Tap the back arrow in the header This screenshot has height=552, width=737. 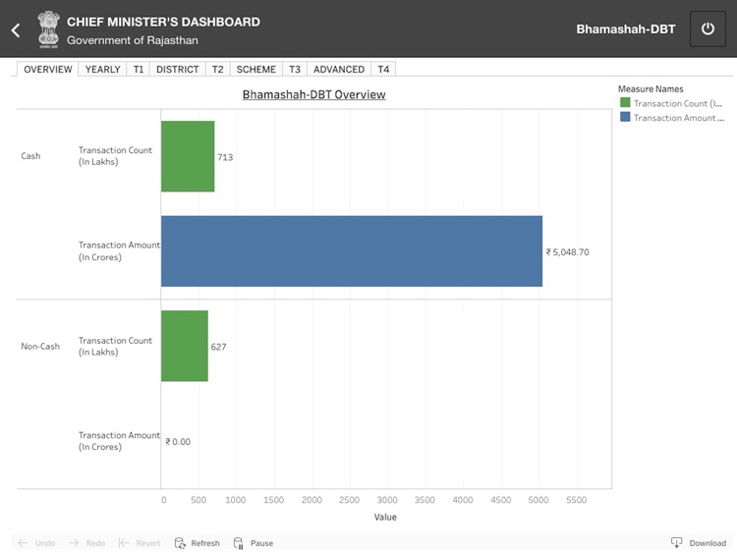coord(16,29)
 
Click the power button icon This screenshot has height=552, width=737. coord(708,29)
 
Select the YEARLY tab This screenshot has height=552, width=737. coord(102,70)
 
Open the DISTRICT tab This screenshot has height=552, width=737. coord(178,70)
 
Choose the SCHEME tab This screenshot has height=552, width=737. coord(255,70)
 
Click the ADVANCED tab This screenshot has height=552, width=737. coord(339,70)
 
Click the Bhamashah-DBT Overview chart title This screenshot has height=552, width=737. coord(314,94)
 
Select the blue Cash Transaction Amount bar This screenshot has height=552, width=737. coord(351,251)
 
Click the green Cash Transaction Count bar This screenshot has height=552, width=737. coord(187,156)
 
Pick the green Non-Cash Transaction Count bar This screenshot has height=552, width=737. coord(184,346)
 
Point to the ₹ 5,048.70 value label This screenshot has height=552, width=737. coord(567,252)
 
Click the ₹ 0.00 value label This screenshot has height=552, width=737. coord(178,442)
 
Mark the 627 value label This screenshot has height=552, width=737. coord(218,347)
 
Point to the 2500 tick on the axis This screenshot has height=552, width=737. coord(349,500)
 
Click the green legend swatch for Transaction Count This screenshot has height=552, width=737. coord(625,103)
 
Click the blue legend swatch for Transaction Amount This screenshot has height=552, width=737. coord(625,117)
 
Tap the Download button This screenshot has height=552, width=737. coord(699,542)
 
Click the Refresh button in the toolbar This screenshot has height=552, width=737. coord(198,542)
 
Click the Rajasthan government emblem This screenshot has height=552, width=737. coord(47,29)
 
